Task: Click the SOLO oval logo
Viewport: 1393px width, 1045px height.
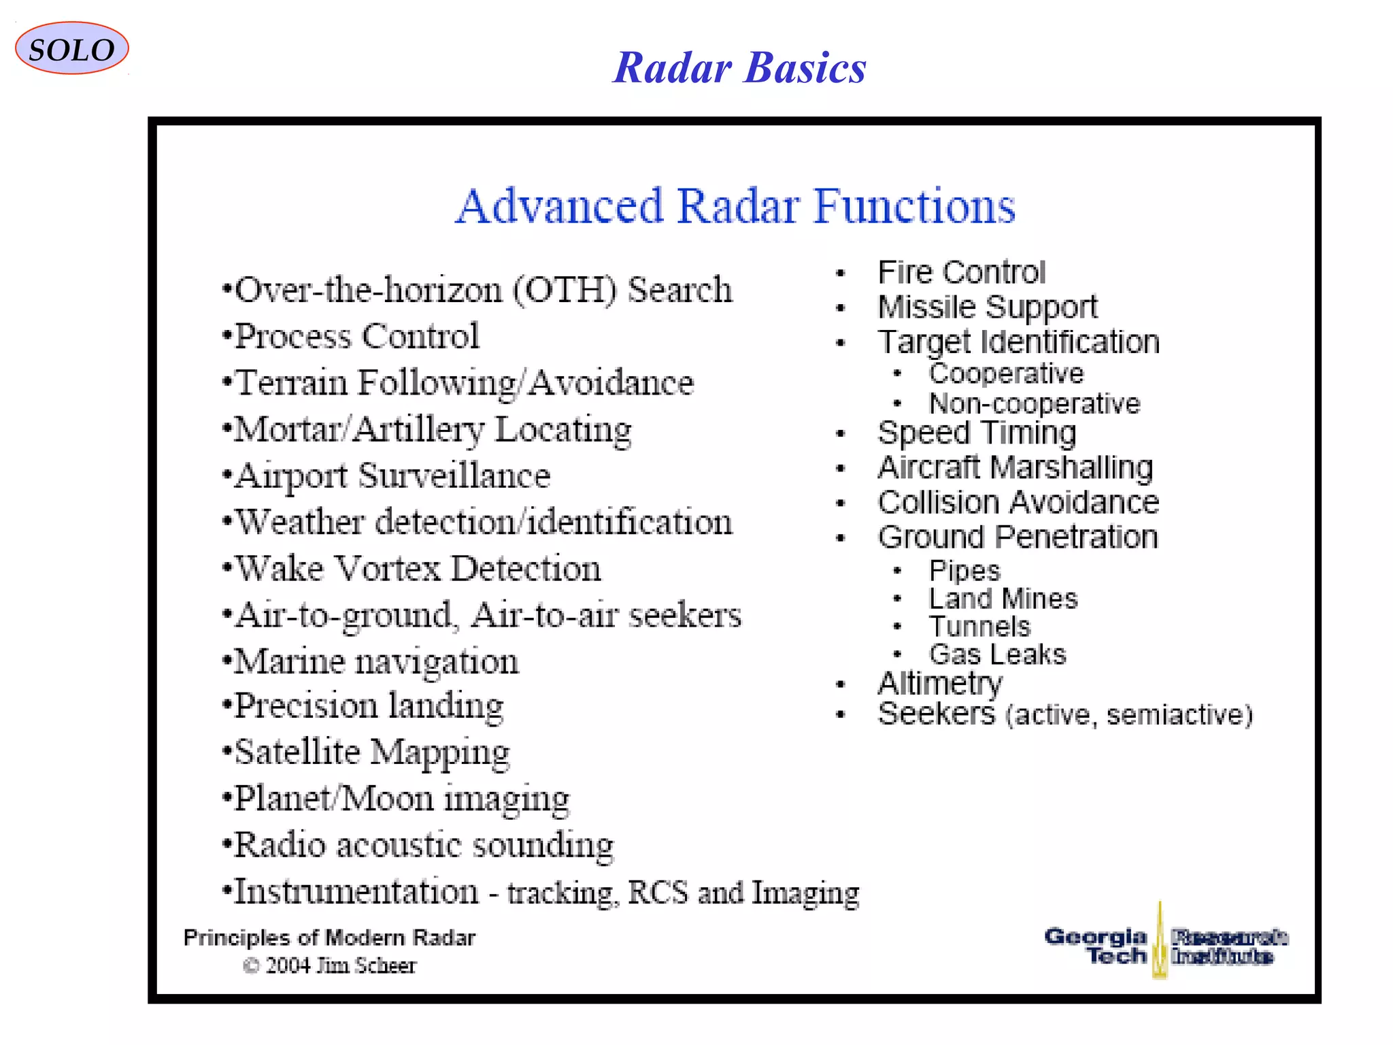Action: [71, 49]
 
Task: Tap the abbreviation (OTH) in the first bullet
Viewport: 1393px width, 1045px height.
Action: [565, 291]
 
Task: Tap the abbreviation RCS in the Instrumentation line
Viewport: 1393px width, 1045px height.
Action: [657, 893]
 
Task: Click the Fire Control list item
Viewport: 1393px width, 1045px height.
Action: [961, 273]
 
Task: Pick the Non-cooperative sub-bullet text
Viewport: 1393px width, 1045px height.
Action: [1034, 404]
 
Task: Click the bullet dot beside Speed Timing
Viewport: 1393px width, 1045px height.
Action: [841, 433]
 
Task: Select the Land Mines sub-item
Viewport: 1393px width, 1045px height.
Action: [1003, 599]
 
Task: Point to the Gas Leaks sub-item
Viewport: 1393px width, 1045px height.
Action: [997, 654]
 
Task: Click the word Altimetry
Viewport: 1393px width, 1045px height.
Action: [940, 683]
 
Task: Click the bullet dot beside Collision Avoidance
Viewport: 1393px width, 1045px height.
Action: [841, 503]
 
